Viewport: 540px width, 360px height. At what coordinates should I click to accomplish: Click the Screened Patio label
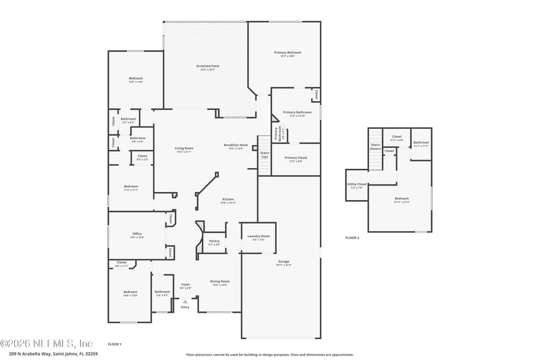pyautogui.click(x=208, y=66)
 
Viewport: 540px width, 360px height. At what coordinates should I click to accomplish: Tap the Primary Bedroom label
pyautogui.click(x=288, y=53)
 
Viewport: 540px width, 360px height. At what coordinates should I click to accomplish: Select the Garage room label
pyautogui.click(x=284, y=261)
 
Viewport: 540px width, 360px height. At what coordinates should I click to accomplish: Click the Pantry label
pyautogui.click(x=214, y=241)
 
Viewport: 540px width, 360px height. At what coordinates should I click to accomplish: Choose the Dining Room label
pyautogui.click(x=220, y=282)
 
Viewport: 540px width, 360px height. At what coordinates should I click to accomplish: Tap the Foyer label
pyautogui.click(x=186, y=285)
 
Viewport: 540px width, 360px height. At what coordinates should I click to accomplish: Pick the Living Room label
pyautogui.click(x=184, y=149)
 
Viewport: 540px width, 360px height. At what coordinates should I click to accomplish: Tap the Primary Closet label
pyautogui.click(x=296, y=158)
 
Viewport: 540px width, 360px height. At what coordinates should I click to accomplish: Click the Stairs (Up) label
pyautogui.click(x=265, y=155)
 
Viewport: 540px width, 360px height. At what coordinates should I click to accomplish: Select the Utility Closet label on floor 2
pyautogui.click(x=357, y=184)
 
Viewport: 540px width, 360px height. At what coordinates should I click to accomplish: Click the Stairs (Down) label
pyautogui.click(x=375, y=147)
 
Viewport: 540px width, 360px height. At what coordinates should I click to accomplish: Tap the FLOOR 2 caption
pyautogui.click(x=352, y=238)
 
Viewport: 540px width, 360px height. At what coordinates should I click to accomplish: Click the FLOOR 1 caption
pyautogui.click(x=115, y=344)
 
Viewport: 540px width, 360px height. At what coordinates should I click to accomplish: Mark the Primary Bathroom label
pyautogui.click(x=298, y=113)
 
